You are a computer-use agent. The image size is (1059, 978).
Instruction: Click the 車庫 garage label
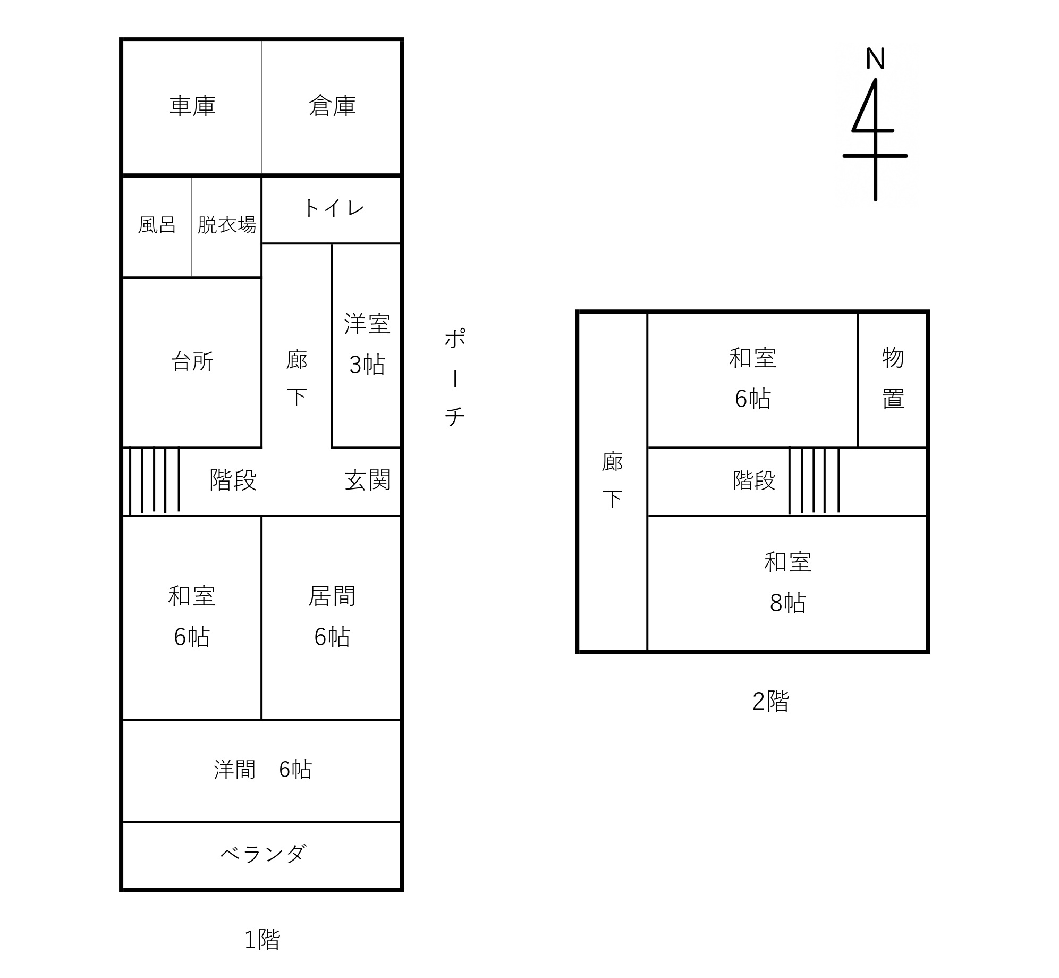pyautogui.click(x=192, y=106)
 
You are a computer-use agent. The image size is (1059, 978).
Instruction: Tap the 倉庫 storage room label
pyautogui.click(x=332, y=106)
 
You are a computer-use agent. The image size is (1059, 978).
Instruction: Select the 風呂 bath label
pyautogui.click(x=157, y=225)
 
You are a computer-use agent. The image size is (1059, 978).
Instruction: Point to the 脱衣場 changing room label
pyautogui.click(x=227, y=225)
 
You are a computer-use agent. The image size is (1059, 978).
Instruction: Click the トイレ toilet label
pyautogui.click(x=334, y=208)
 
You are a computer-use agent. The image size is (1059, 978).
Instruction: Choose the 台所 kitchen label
pyautogui.click(x=192, y=362)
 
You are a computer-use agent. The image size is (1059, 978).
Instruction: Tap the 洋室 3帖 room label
pyautogui.click(x=367, y=344)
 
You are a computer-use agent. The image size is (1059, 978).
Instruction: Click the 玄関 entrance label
pyautogui.click(x=367, y=480)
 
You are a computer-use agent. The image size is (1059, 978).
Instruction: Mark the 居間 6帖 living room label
pyautogui.click(x=332, y=616)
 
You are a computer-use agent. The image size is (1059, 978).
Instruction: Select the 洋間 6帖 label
pyautogui.click(x=262, y=769)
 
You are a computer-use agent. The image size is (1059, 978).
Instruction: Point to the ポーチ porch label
pyautogui.click(x=455, y=377)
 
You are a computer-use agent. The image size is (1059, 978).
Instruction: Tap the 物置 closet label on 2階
pyautogui.click(x=893, y=378)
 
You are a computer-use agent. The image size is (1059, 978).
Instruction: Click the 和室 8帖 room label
pyautogui.click(x=787, y=583)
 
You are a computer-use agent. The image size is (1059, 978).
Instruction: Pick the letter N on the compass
pyautogui.click(x=875, y=58)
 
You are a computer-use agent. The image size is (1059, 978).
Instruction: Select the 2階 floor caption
pyautogui.click(x=770, y=701)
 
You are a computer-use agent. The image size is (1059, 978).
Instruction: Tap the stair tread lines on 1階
pyautogui.click(x=154, y=481)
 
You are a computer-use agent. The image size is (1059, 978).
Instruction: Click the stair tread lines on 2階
pyautogui.click(x=814, y=481)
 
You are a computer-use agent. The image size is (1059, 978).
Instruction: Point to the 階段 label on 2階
pyautogui.click(x=754, y=480)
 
